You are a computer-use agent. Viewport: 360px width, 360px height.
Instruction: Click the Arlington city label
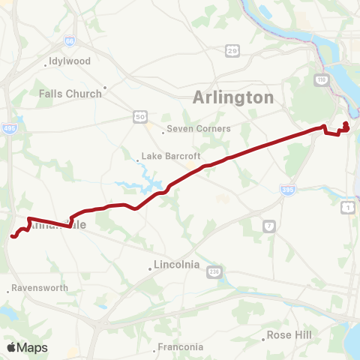233,97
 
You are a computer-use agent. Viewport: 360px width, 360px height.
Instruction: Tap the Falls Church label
70,94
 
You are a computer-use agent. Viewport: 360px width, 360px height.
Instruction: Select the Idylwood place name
69,61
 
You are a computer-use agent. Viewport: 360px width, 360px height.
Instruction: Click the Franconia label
180,346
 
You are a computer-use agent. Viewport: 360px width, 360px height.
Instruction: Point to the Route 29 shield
233,50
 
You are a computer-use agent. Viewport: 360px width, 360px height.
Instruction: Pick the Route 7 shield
268,225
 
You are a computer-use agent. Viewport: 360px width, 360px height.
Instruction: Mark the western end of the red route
13,237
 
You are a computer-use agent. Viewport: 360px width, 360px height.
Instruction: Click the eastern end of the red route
346,124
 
